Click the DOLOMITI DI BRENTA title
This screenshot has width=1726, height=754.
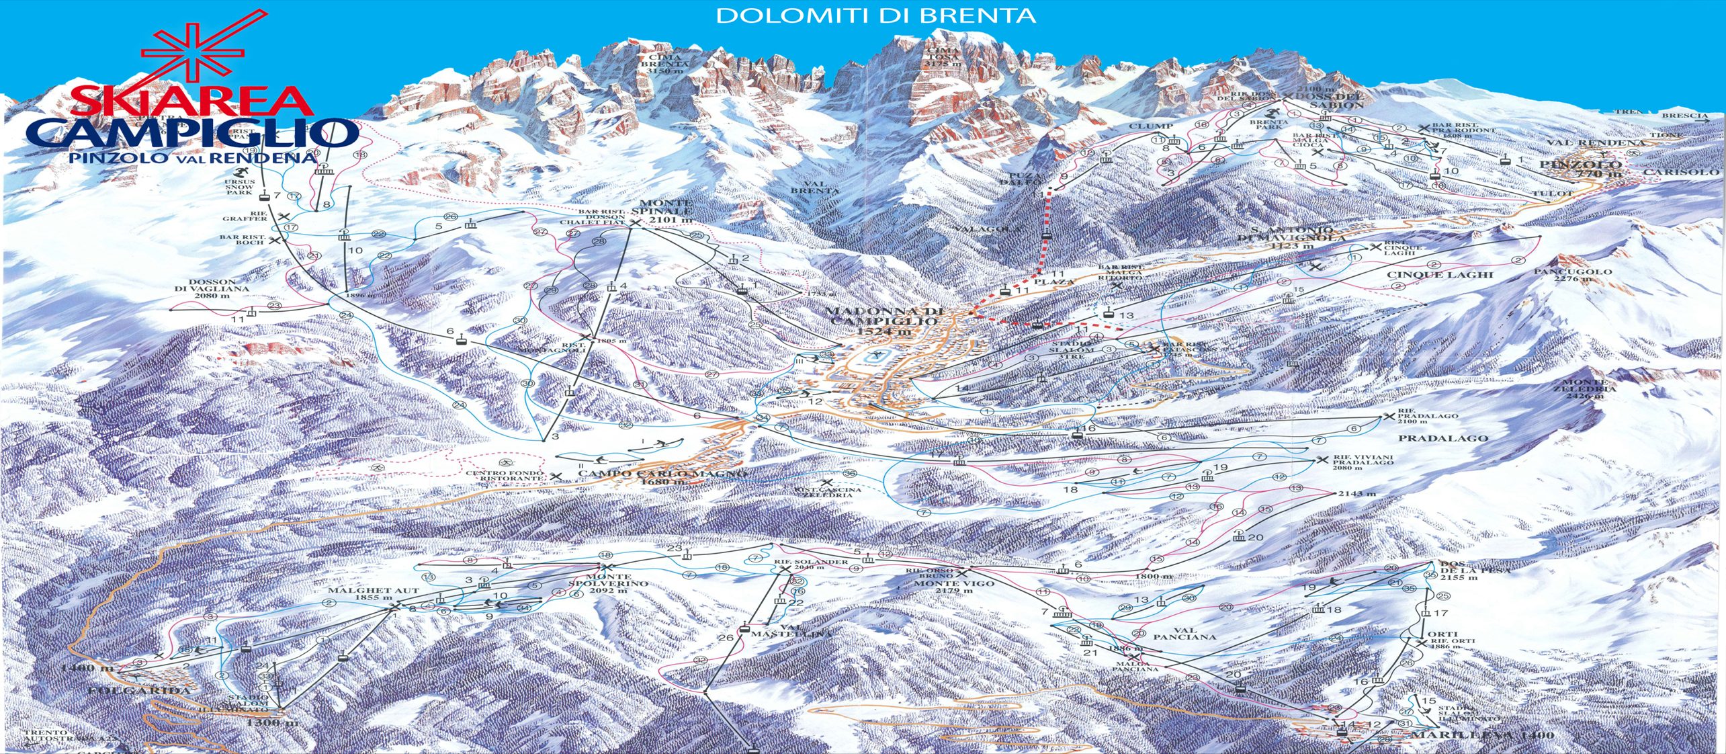coord(875,16)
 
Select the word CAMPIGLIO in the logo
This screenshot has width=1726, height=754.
coord(191,133)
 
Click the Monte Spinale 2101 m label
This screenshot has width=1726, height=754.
coord(665,212)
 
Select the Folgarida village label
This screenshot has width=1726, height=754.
coord(139,690)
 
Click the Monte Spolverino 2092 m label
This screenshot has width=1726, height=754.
coord(608,584)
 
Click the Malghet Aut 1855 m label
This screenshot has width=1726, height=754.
coord(373,594)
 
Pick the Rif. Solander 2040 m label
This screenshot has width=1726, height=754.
coord(810,564)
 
